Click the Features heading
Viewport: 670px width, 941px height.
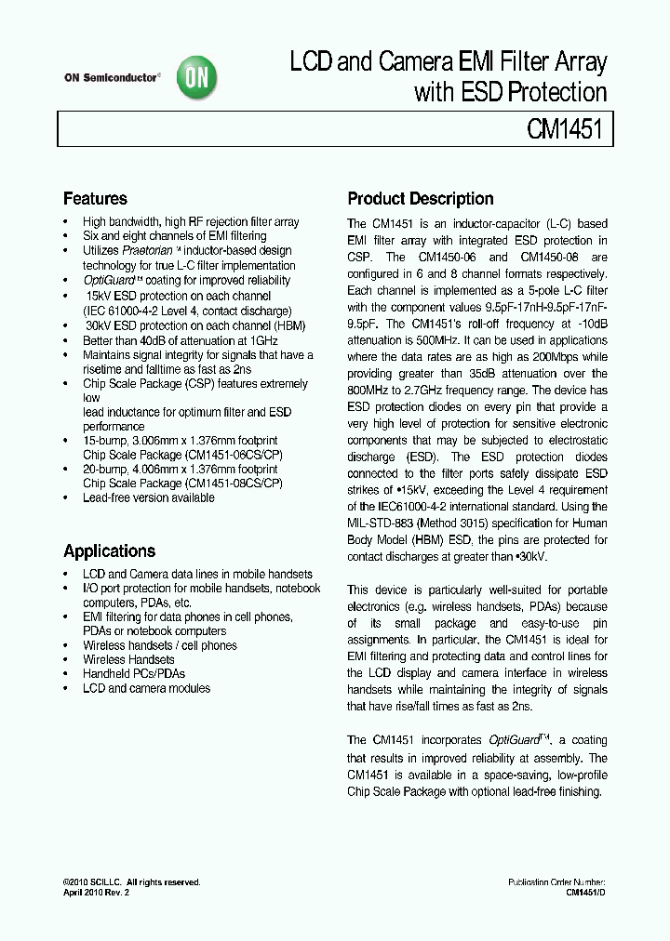click(x=95, y=199)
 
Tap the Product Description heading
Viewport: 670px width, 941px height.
click(x=420, y=199)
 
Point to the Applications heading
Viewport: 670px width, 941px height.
click(x=109, y=550)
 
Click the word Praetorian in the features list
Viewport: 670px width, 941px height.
click(x=149, y=250)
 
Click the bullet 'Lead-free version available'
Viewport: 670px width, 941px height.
click(x=149, y=497)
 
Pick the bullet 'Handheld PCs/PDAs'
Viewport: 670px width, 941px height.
click(x=134, y=673)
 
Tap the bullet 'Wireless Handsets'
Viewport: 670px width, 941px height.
click(x=128, y=659)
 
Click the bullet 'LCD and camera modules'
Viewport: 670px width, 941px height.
click(x=146, y=688)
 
